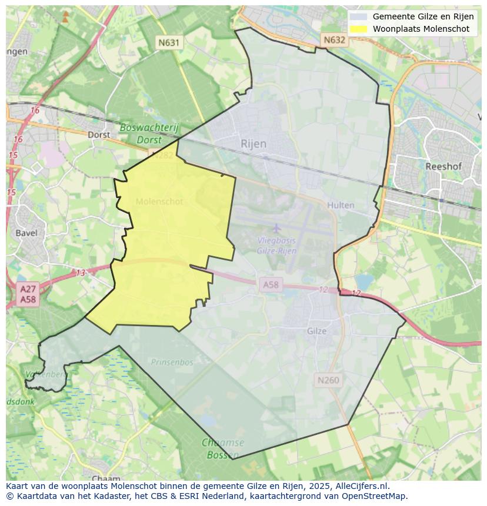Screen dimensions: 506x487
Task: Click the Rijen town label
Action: pyautogui.click(x=253, y=143)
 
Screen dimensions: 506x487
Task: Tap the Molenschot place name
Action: pyautogui.click(x=159, y=202)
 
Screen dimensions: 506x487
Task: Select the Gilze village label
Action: pyautogui.click(x=316, y=331)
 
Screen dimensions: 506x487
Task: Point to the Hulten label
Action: pyautogui.click(x=341, y=205)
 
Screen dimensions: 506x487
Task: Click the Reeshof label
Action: pyautogui.click(x=443, y=166)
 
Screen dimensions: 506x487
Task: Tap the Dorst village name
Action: pyautogui.click(x=98, y=134)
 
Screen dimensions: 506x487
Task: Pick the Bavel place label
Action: pyautogui.click(x=26, y=233)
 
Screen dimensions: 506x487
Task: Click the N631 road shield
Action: pyautogui.click(x=169, y=42)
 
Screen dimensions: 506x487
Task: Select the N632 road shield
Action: pyautogui.click(x=334, y=40)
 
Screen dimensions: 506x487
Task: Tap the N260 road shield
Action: pyautogui.click(x=328, y=380)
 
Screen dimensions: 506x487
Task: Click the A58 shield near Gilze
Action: pyautogui.click(x=271, y=284)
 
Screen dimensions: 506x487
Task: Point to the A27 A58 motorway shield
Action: pyautogui.click(x=28, y=294)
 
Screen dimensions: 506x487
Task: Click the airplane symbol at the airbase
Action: pyautogui.click(x=276, y=227)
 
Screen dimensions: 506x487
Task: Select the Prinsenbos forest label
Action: pyautogui.click(x=172, y=363)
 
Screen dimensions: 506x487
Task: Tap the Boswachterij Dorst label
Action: pyautogui.click(x=149, y=133)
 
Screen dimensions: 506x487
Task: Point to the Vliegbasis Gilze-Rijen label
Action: pyautogui.click(x=276, y=245)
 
